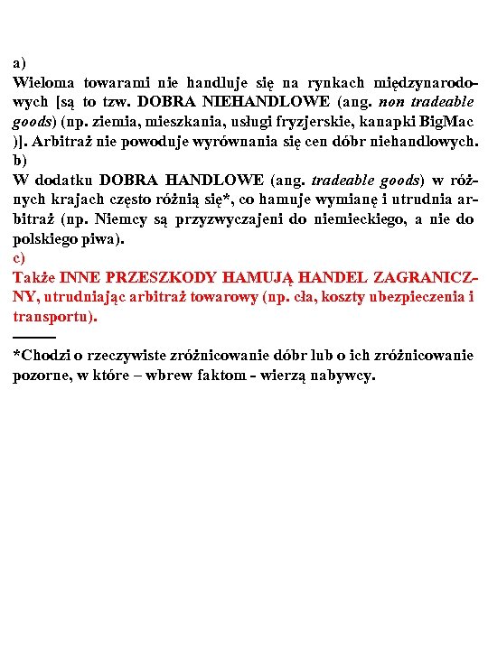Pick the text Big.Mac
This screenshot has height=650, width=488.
450,122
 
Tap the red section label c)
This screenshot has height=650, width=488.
19,258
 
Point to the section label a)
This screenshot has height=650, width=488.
19,63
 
